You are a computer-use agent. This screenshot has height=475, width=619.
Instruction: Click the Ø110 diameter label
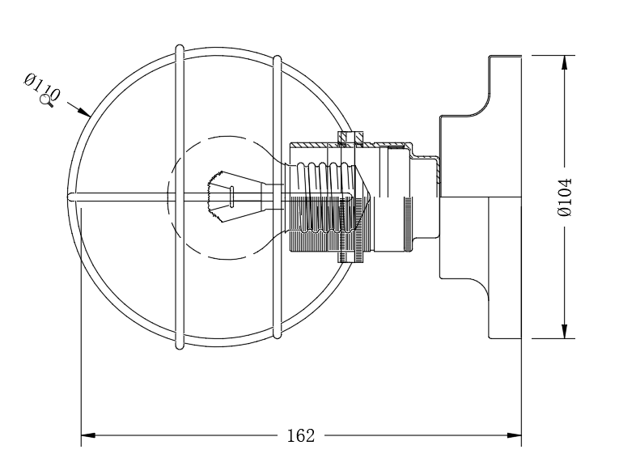[42, 87]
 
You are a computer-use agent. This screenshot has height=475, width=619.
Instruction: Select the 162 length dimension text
[301, 436]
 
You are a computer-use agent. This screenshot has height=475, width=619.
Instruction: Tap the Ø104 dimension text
[565, 197]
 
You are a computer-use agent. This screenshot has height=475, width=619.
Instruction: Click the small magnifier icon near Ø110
[47, 100]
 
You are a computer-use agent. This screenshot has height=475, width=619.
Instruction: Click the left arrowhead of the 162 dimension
[88, 436]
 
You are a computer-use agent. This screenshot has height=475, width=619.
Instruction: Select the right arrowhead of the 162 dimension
[514, 436]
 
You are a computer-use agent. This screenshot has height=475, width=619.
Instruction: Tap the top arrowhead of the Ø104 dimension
[565, 63]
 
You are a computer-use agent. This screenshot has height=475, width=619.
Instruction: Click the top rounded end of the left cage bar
[179, 49]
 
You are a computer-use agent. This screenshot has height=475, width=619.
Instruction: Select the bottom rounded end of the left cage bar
[180, 346]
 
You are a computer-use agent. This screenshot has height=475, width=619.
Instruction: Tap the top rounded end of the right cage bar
[278, 59]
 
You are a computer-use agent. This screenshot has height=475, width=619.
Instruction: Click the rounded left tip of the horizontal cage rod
[72, 197]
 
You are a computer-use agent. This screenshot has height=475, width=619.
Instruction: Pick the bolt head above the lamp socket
[351, 137]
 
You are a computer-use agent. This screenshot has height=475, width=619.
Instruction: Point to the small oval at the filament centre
[231, 197]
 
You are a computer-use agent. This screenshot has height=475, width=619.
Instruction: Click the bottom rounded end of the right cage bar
[278, 335]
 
